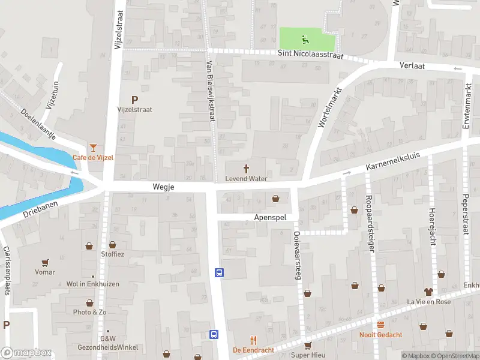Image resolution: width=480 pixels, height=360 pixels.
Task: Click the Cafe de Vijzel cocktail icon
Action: click(93, 147)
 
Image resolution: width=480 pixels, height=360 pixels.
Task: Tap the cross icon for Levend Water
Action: click(246, 169)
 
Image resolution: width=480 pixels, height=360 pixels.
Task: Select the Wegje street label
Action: click(163, 187)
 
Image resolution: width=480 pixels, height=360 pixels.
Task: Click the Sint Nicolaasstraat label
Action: click(310, 55)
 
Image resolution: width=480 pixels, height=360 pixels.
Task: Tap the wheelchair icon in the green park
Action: click(306, 40)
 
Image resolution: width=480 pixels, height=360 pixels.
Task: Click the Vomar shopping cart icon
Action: click(45, 262)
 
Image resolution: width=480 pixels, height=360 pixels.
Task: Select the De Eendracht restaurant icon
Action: click(253, 339)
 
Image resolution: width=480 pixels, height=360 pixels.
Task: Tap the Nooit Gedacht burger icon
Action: click(380, 325)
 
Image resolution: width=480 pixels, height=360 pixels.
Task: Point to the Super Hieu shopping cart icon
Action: click(308, 345)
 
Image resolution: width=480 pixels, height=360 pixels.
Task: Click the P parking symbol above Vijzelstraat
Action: click(134, 100)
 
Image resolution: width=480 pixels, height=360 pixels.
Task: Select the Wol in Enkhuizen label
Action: click(92, 284)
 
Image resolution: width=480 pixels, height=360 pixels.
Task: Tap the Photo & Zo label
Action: click(89, 312)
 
